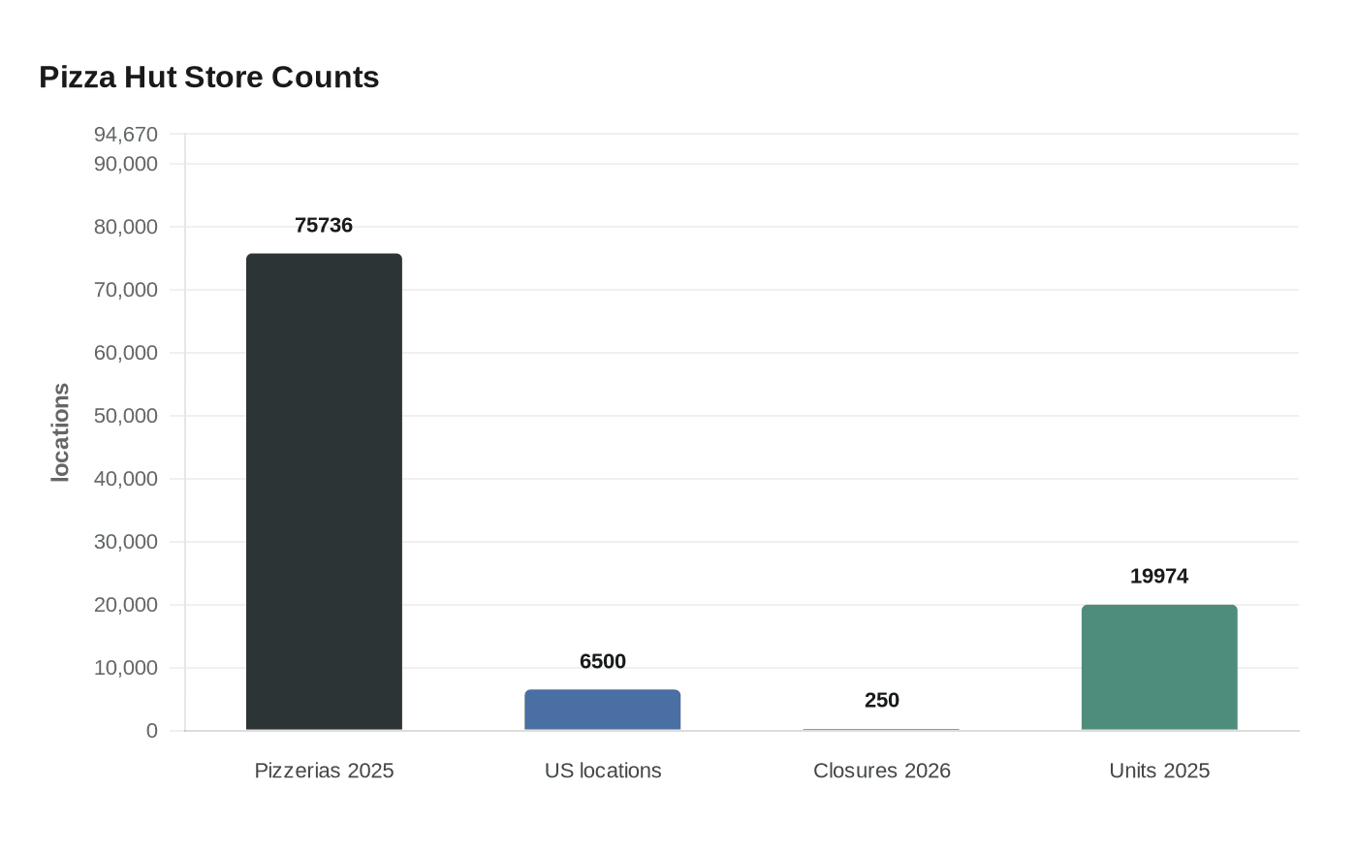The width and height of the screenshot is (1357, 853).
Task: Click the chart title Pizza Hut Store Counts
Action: tap(208, 78)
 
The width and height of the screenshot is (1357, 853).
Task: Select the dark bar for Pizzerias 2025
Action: tap(324, 491)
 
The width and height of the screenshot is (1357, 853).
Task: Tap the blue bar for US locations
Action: tap(602, 710)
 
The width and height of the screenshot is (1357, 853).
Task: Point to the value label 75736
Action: tap(324, 226)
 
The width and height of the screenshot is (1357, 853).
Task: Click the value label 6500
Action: tap(602, 662)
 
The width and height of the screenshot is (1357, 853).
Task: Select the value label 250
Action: tap(881, 701)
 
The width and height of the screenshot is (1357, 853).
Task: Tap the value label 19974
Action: tap(1159, 577)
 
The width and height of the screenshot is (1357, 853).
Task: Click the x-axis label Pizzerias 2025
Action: tap(324, 771)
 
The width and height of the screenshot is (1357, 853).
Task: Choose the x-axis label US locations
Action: tap(602, 771)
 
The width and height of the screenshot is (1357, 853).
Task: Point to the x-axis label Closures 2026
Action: tap(881, 771)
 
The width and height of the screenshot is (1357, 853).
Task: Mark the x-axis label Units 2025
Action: tap(1159, 771)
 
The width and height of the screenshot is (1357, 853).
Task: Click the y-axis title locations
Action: tap(61, 432)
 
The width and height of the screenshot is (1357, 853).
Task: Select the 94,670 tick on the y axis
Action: tap(126, 135)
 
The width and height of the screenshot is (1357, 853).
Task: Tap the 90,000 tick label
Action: tap(126, 164)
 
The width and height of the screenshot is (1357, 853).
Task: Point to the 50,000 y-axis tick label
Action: tap(126, 416)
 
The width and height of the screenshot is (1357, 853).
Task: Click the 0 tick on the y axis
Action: tap(151, 731)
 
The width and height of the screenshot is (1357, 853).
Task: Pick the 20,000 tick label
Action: tap(126, 605)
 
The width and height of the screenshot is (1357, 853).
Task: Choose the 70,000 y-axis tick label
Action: tap(126, 290)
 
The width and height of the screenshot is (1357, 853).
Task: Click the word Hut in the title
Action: tap(150, 78)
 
